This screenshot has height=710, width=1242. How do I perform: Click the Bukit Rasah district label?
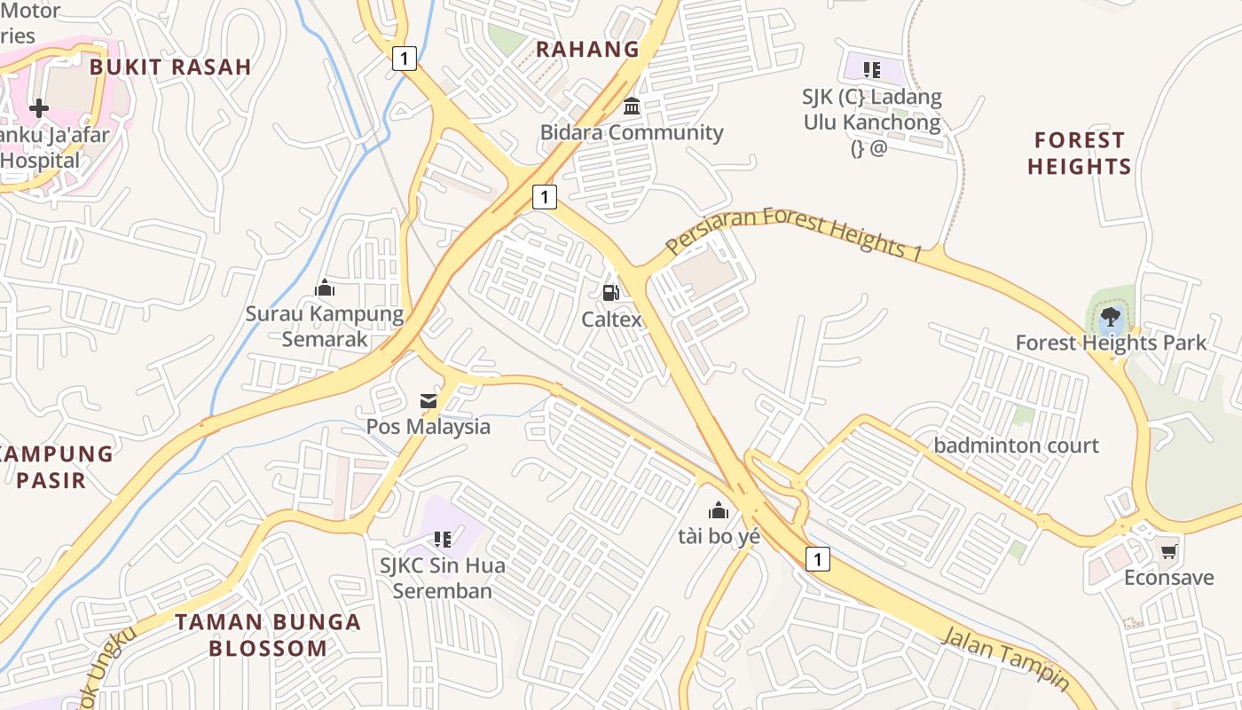coord(170,67)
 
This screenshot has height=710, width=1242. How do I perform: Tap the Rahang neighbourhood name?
coord(587,49)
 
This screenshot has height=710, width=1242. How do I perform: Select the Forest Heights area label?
coord(1079,153)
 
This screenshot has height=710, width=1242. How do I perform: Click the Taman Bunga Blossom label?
coord(268,635)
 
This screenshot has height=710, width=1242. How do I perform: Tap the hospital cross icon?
coord(38,109)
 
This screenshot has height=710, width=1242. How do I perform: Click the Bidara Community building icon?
coord(632,106)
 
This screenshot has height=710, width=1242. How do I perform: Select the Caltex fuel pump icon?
coord(610,292)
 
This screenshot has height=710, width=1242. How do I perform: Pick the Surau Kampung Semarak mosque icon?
coord(325,288)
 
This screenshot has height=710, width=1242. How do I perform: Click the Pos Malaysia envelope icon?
coord(428,401)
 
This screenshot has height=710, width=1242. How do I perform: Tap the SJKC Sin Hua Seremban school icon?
coord(443,539)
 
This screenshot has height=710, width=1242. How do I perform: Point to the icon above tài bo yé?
coord(719,510)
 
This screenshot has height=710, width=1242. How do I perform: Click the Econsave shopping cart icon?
coord(1169,551)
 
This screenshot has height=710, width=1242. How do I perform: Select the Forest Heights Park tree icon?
coord(1109,317)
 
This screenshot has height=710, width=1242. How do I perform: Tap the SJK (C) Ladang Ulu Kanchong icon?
coord(872,69)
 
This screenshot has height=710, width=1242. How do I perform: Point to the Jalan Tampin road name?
coord(1004,658)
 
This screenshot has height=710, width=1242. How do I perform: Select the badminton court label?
coord(1017,446)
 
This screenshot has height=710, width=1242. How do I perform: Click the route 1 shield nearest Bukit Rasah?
coord(404,59)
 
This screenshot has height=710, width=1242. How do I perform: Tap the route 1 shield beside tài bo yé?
coord(818,558)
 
